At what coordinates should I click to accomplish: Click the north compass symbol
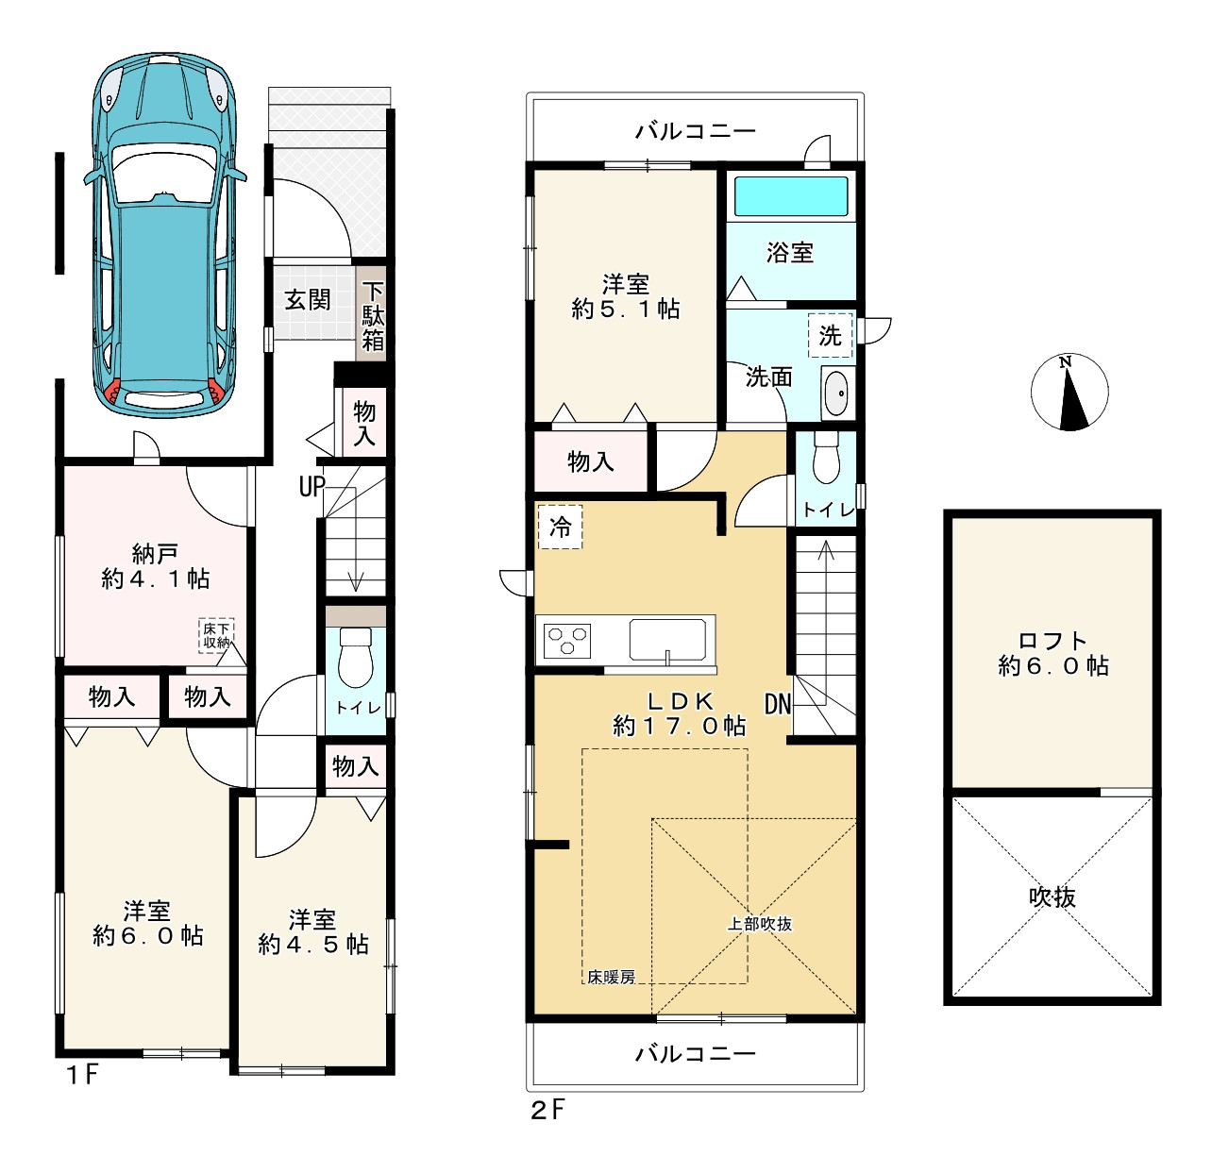click(1069, 392)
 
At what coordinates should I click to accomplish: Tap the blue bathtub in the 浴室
click(791, 195)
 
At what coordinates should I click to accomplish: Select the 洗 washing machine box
click(831, 336)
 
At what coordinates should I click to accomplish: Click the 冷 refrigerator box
click(560, 527)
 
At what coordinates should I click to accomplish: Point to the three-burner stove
click(566, 640)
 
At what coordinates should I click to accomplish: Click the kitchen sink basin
click(667, 639)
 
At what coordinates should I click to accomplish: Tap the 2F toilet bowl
click(826, 459)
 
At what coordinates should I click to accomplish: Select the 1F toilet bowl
click(355, 658)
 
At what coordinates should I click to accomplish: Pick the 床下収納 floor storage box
click(216, 635)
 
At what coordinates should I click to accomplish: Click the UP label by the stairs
click(312, 487)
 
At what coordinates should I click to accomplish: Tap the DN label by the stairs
click(777, 705)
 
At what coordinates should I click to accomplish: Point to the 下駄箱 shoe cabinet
click(373, 316)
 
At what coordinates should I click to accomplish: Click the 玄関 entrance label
click(307, 301)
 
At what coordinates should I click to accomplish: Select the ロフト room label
click(1052, 641)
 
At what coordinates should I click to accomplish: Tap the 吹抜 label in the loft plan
click(1052, 897)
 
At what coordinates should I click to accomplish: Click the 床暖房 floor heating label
click(611, 977)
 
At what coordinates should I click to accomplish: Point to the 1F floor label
click(83, 1074)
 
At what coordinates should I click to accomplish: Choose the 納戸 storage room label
click(155, 552)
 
